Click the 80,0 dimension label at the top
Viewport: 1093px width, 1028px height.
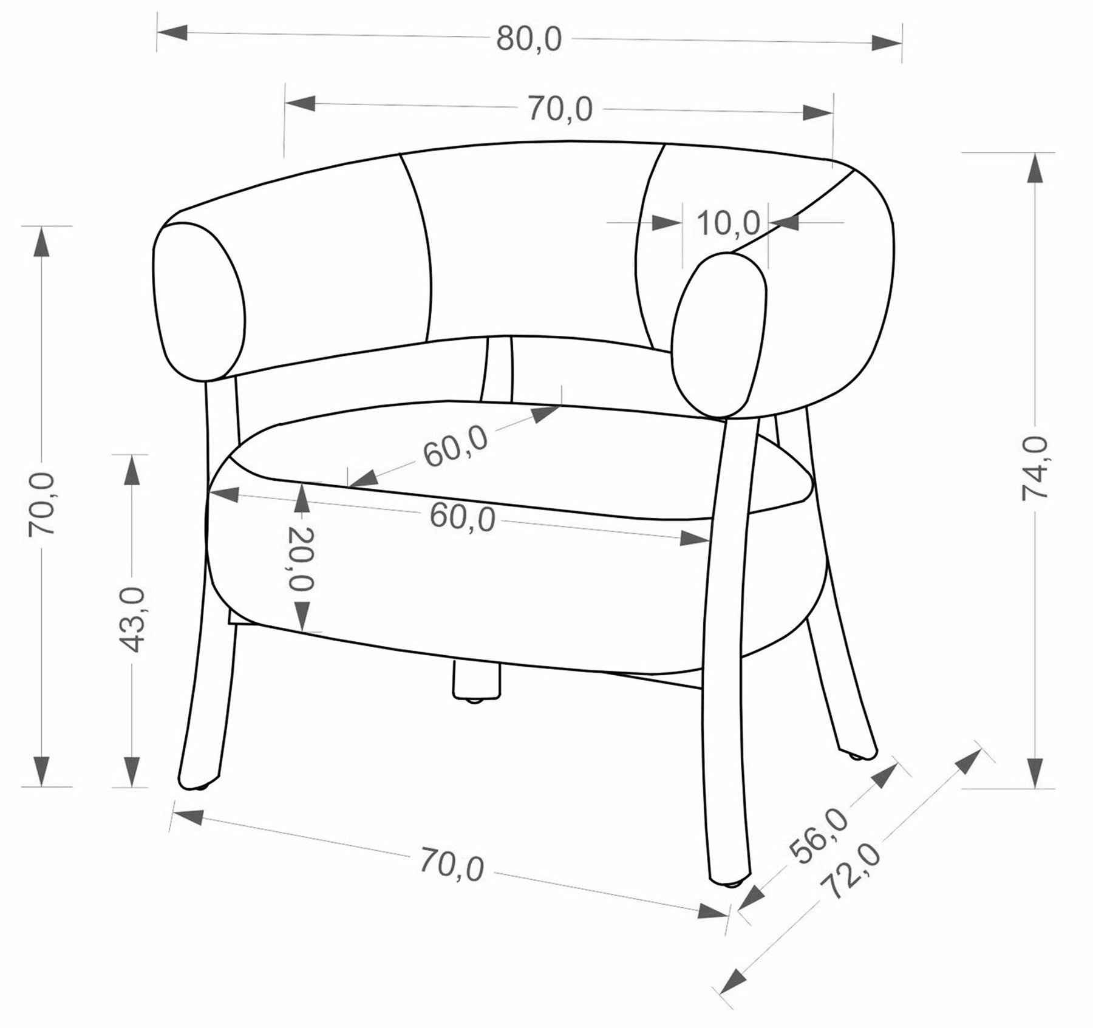click(x=529, y=39)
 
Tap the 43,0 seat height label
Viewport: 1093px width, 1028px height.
click(x=132, y=619)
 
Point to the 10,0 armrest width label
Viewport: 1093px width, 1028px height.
click(x=729, y=223)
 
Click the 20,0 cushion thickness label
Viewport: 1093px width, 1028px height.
click(x=301, y=559)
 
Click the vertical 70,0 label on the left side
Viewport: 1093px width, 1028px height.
click(x=43, y=504)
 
